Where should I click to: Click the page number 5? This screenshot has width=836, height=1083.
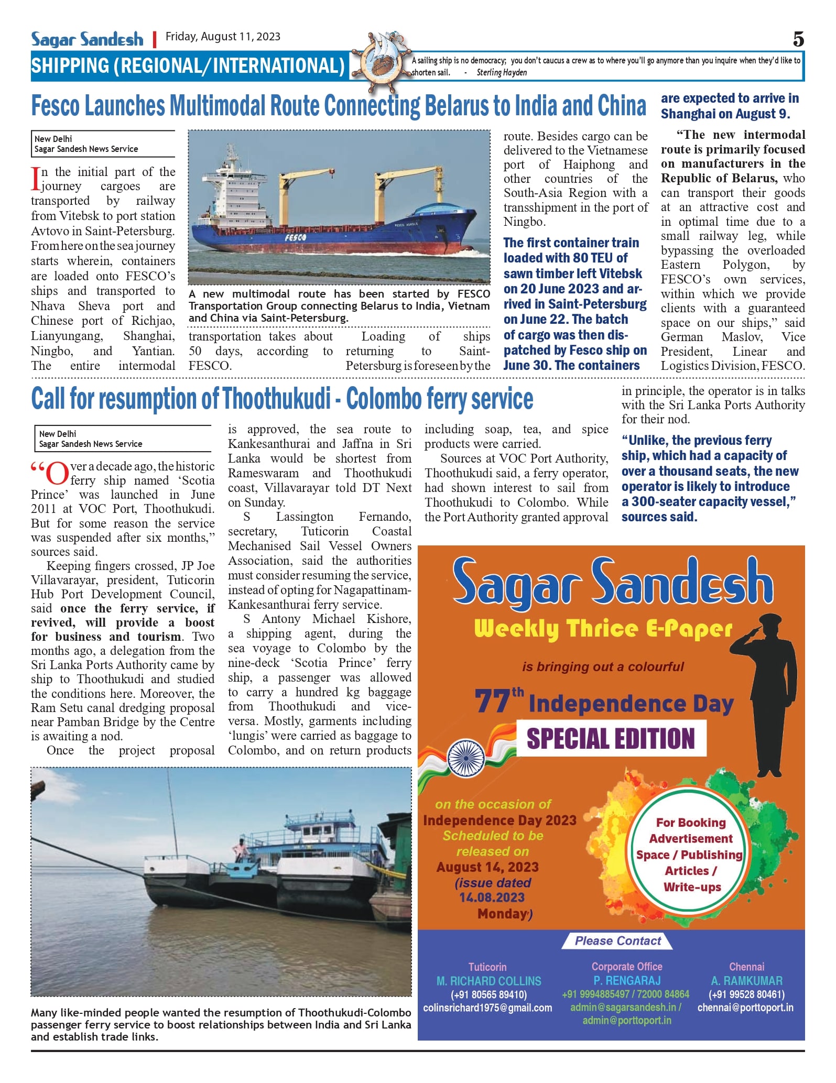click(x=798, y=39)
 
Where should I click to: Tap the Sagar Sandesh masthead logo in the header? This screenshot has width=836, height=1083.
click(x=87, y=39)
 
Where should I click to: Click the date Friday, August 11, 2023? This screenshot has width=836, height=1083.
click(x=223, y=37)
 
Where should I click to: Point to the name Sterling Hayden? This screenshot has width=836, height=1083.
click(x=502, y=73)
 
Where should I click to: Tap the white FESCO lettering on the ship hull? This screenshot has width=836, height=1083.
click(x=296, y=237)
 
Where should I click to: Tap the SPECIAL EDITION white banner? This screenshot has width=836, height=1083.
click(x=611, y=738)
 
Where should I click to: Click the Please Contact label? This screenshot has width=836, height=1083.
click(x=617, y=941)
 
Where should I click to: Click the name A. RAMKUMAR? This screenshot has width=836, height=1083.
click(x=746, y=981)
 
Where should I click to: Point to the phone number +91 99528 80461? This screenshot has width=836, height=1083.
click(x=746, y=994)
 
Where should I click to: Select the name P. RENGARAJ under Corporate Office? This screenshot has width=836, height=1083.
click(x=627, y=980)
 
